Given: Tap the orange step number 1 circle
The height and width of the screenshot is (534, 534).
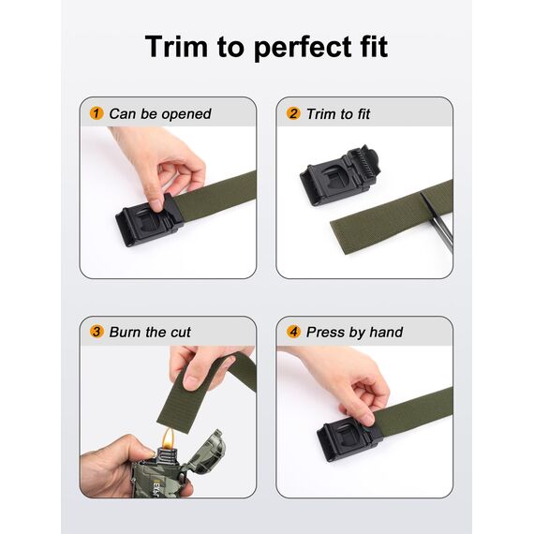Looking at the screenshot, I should click(x=96, y=113).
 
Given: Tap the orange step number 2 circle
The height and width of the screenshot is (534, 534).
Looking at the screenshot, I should click(x=293, y=113).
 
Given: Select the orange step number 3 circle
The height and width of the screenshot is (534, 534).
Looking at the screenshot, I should click(x=96, y=332).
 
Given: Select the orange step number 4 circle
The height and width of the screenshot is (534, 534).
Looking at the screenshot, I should click(x=293, y=332).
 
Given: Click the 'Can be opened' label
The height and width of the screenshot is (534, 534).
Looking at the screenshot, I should click(x=160, y=113).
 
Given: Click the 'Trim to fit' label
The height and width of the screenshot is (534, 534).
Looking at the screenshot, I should click(x=338, y=113).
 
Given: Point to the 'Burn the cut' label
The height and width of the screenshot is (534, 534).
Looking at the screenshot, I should click(x=150, y=332).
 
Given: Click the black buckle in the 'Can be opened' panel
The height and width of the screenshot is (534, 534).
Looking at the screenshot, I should click(x=148, y=221).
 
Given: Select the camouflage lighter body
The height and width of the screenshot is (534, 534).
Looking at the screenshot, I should click(x=178, y=473).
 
